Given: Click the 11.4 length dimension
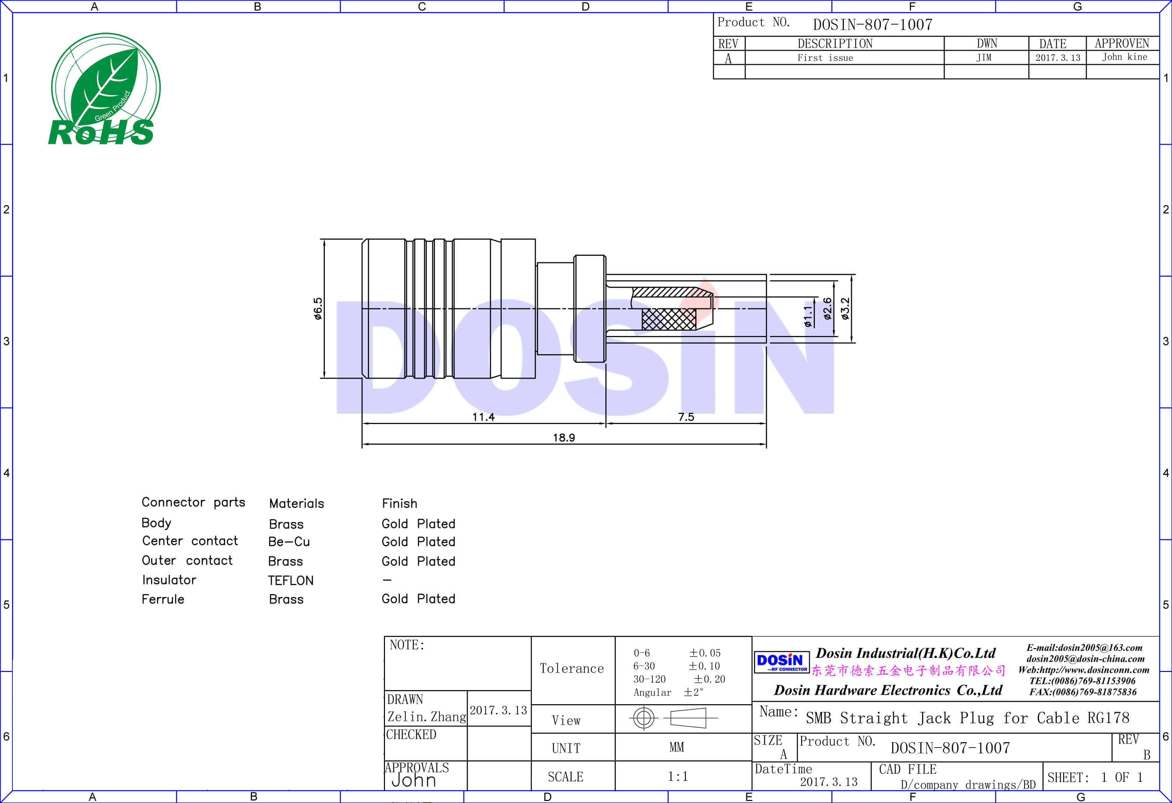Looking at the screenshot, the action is (x=483, y=417).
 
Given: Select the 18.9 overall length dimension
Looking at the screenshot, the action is (x=563, y=437).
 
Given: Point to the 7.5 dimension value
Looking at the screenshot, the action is (x=686, y=417).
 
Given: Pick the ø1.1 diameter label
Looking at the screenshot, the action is (x=808, y=316).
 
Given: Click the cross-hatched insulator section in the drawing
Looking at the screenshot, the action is (x=669, y=319).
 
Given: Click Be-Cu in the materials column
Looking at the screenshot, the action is (x=289, y=542).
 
